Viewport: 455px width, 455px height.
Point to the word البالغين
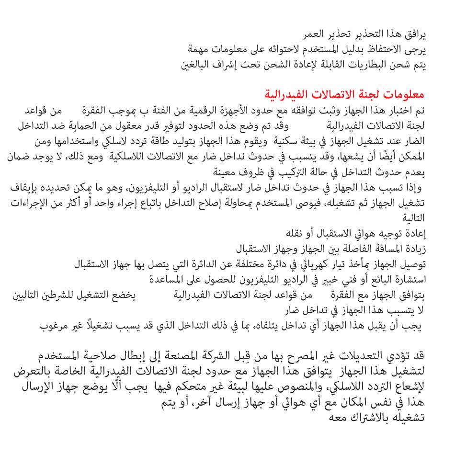197,64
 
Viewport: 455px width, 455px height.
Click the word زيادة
415,249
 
